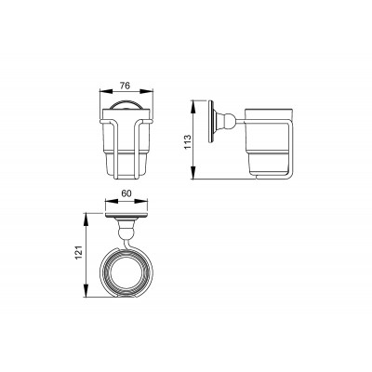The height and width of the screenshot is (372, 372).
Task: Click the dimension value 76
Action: [125, 86]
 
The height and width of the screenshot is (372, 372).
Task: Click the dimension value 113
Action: [188, 141]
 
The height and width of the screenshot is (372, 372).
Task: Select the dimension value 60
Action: [126, 193]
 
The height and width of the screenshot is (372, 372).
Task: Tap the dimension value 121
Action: [80, 253]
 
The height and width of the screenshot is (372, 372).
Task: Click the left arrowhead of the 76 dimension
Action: [106, 91]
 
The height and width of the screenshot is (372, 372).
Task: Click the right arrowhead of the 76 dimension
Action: [146, 91]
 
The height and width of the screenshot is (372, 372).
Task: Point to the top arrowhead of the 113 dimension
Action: [193, 107]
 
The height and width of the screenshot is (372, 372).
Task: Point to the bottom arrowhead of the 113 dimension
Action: [193, 172]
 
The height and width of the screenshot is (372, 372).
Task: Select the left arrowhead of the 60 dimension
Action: [113, 201]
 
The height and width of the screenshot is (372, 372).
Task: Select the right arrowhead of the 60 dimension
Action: [141, 201]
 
